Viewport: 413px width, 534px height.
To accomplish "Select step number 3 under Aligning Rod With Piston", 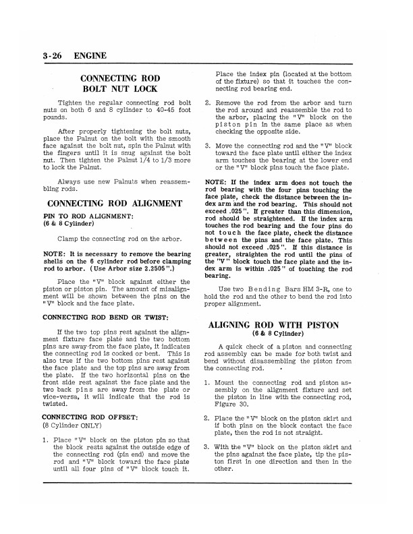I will pyautogui.click(x=207, y=446).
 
